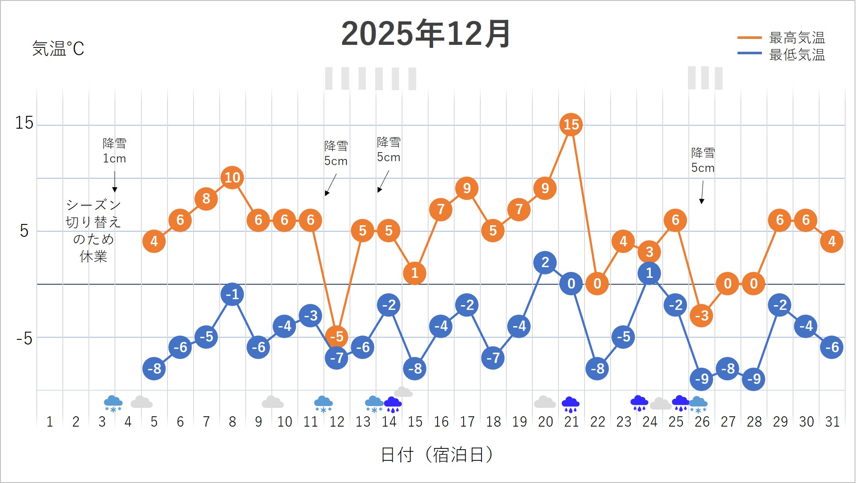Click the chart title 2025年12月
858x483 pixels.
click(x=426, y=34)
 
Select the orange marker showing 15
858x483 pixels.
click(x=571, y=124)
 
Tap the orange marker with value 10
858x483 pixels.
click(x=232, y=177)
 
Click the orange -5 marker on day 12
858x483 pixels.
click(x=337, y=336)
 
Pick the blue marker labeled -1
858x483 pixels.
click(x=232, y=294)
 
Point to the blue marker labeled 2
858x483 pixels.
click(x=545, y=262)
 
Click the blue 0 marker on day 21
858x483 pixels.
click(x=571, y=283)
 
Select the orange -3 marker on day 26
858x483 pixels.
click(x=702, y=315)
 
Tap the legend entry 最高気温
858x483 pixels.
click(x=796, y=38)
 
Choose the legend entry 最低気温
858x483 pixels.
click(x=796, y=55)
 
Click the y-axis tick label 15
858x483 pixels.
click(x=24, y=124)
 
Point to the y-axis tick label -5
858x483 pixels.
click(x=24, y=339)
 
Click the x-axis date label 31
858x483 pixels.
click(x=832, y=422)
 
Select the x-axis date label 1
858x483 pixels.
click(x=50, y=422)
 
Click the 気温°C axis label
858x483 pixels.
click(x=58, y=49)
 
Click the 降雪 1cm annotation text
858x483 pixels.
click(x=115, y=151)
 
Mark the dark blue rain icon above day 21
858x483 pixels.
click(x=570, y=404)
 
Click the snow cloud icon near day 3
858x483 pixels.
click(x=113, y=403)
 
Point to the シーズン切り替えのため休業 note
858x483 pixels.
click(x=93, y=230)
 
